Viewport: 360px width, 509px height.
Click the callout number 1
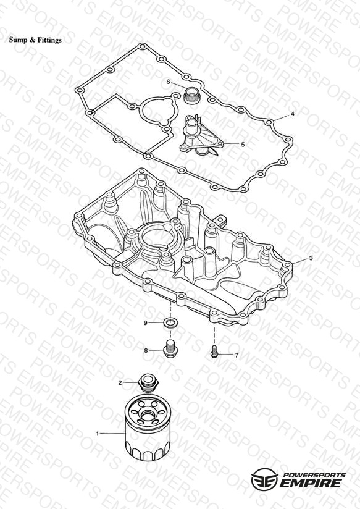tap(97, 434)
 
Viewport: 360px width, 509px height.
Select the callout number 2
tap(120, 383)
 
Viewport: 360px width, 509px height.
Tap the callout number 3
tap(311, 258)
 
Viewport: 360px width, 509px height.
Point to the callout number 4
tap(293, 114)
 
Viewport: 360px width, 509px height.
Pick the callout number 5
tap(243, 145)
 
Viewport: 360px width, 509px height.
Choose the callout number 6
tap(168, 82)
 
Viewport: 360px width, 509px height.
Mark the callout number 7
tap(237, 355)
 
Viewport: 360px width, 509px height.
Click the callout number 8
tap(146, 351)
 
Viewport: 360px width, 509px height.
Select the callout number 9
tap(146, 322)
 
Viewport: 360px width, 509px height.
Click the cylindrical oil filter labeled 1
tap(148, 427)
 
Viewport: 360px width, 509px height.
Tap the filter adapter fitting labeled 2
tap(148, 382)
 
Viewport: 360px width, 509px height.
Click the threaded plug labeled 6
tap(191, 95)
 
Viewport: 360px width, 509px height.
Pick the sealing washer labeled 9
tap(170, 322)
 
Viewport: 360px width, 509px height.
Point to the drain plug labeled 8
tap(169, 348)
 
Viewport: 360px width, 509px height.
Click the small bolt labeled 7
tap(214, 351)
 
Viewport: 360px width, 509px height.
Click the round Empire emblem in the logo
tap(265, 478)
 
